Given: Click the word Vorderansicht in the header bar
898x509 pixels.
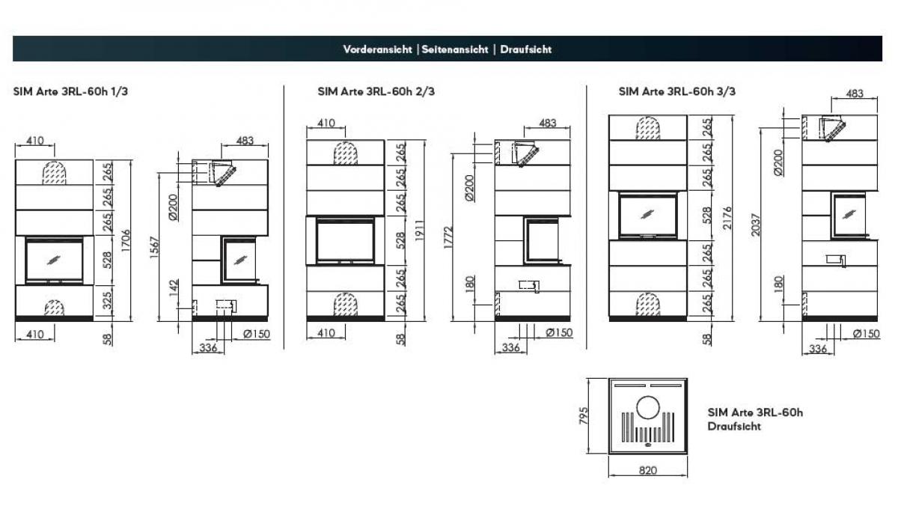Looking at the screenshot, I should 378,49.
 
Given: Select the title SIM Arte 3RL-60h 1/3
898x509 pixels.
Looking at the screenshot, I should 64,92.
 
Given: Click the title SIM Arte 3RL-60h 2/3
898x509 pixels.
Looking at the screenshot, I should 376,92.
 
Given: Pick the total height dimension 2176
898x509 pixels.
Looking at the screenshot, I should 726,216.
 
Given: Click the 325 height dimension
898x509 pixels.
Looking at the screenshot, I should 109,301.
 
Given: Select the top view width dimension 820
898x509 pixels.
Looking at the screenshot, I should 648,470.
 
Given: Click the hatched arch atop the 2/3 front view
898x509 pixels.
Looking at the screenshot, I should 344,153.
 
